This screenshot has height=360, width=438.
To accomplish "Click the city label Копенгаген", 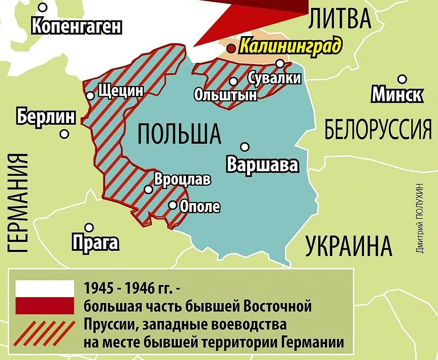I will tap(77, 27).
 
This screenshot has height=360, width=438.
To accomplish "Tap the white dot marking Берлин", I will tap(64, 134).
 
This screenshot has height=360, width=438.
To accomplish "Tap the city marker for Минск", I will tap(402, 79).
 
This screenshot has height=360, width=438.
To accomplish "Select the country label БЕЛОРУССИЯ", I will tap(378, 129).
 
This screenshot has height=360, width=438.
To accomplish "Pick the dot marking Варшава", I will tap(245, 147).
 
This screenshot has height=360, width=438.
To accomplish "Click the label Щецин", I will tap(121, 90).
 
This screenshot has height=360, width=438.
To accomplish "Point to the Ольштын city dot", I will tap(233, 81).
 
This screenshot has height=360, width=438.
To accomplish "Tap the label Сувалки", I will tap(274, 77).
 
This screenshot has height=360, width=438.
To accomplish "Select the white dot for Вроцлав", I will tap(148, 189).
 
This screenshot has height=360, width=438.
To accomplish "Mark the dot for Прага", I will tap(89, 227).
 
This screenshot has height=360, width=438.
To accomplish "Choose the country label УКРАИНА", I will tap(349, 246).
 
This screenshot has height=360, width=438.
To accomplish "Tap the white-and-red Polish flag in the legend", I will tap(45, 297).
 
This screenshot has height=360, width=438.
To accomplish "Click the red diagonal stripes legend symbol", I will tap(45, 333).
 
